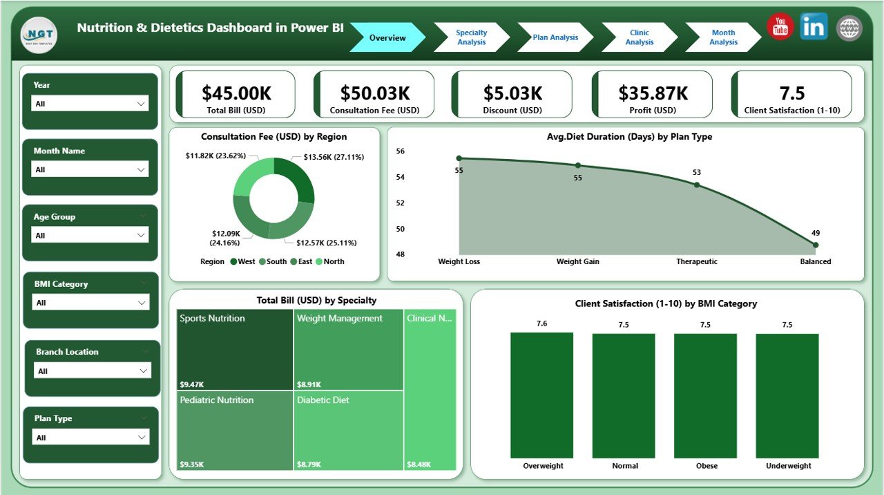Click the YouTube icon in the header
[x=780, y=27]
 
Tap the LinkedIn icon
[x=814, y=27]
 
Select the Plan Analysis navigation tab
[x=555, y=37]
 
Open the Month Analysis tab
[x=722, y=37]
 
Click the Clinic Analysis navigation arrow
[x=639, y=37]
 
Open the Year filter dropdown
[x=90, y=104]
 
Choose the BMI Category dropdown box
[x=90, y=303]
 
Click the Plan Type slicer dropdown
[x=90, y=438]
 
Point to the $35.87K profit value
[x=653, y=93]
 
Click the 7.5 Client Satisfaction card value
[x=792, y=93]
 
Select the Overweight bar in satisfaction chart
[x=541, y=395]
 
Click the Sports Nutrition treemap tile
[x=235, y=349]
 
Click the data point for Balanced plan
[x=816, y=245]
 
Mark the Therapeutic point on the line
[x=697, y=185]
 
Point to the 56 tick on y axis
[x=401, y=151]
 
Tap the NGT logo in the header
[x=39, y=35]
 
